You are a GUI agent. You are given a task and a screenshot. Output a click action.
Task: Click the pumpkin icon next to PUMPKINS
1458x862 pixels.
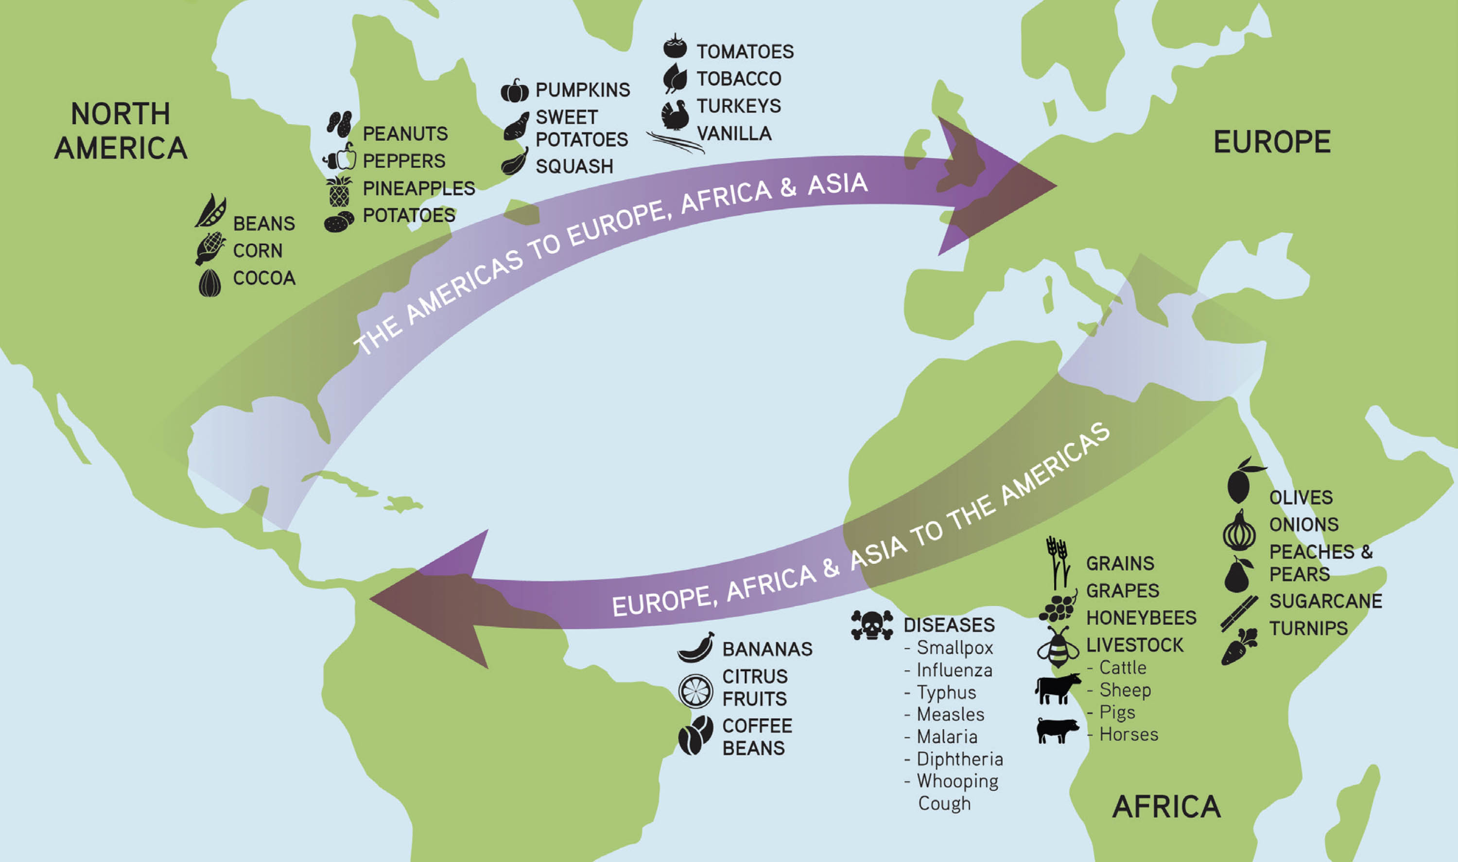click(515, 90)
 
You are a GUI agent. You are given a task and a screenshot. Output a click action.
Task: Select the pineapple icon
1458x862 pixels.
click(339, 191)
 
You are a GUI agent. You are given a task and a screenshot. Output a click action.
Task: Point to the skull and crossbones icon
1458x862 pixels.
click(871, 625)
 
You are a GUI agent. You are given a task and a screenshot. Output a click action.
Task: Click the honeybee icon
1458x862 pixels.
click(1058, 648)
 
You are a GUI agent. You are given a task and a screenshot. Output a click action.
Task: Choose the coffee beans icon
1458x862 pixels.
click(695, 735)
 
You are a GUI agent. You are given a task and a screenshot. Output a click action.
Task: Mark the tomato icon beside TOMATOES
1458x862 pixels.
click(675, 47)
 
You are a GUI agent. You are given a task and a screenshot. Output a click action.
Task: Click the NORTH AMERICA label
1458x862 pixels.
click(121, 131)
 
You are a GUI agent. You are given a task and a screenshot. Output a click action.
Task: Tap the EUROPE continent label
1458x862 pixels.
click(1272, 142)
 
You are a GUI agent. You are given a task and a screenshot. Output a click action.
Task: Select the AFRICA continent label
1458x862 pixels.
click(1166, 807)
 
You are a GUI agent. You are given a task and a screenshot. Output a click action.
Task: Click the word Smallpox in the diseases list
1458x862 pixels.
click(955, 648)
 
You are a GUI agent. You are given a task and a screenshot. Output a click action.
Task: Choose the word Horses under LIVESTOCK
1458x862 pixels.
click(1128, 735)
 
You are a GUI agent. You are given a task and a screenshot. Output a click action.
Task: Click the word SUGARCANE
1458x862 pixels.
click(1325, 601)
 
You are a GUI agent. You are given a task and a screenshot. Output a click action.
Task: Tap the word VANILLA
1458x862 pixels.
click(734, 134)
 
